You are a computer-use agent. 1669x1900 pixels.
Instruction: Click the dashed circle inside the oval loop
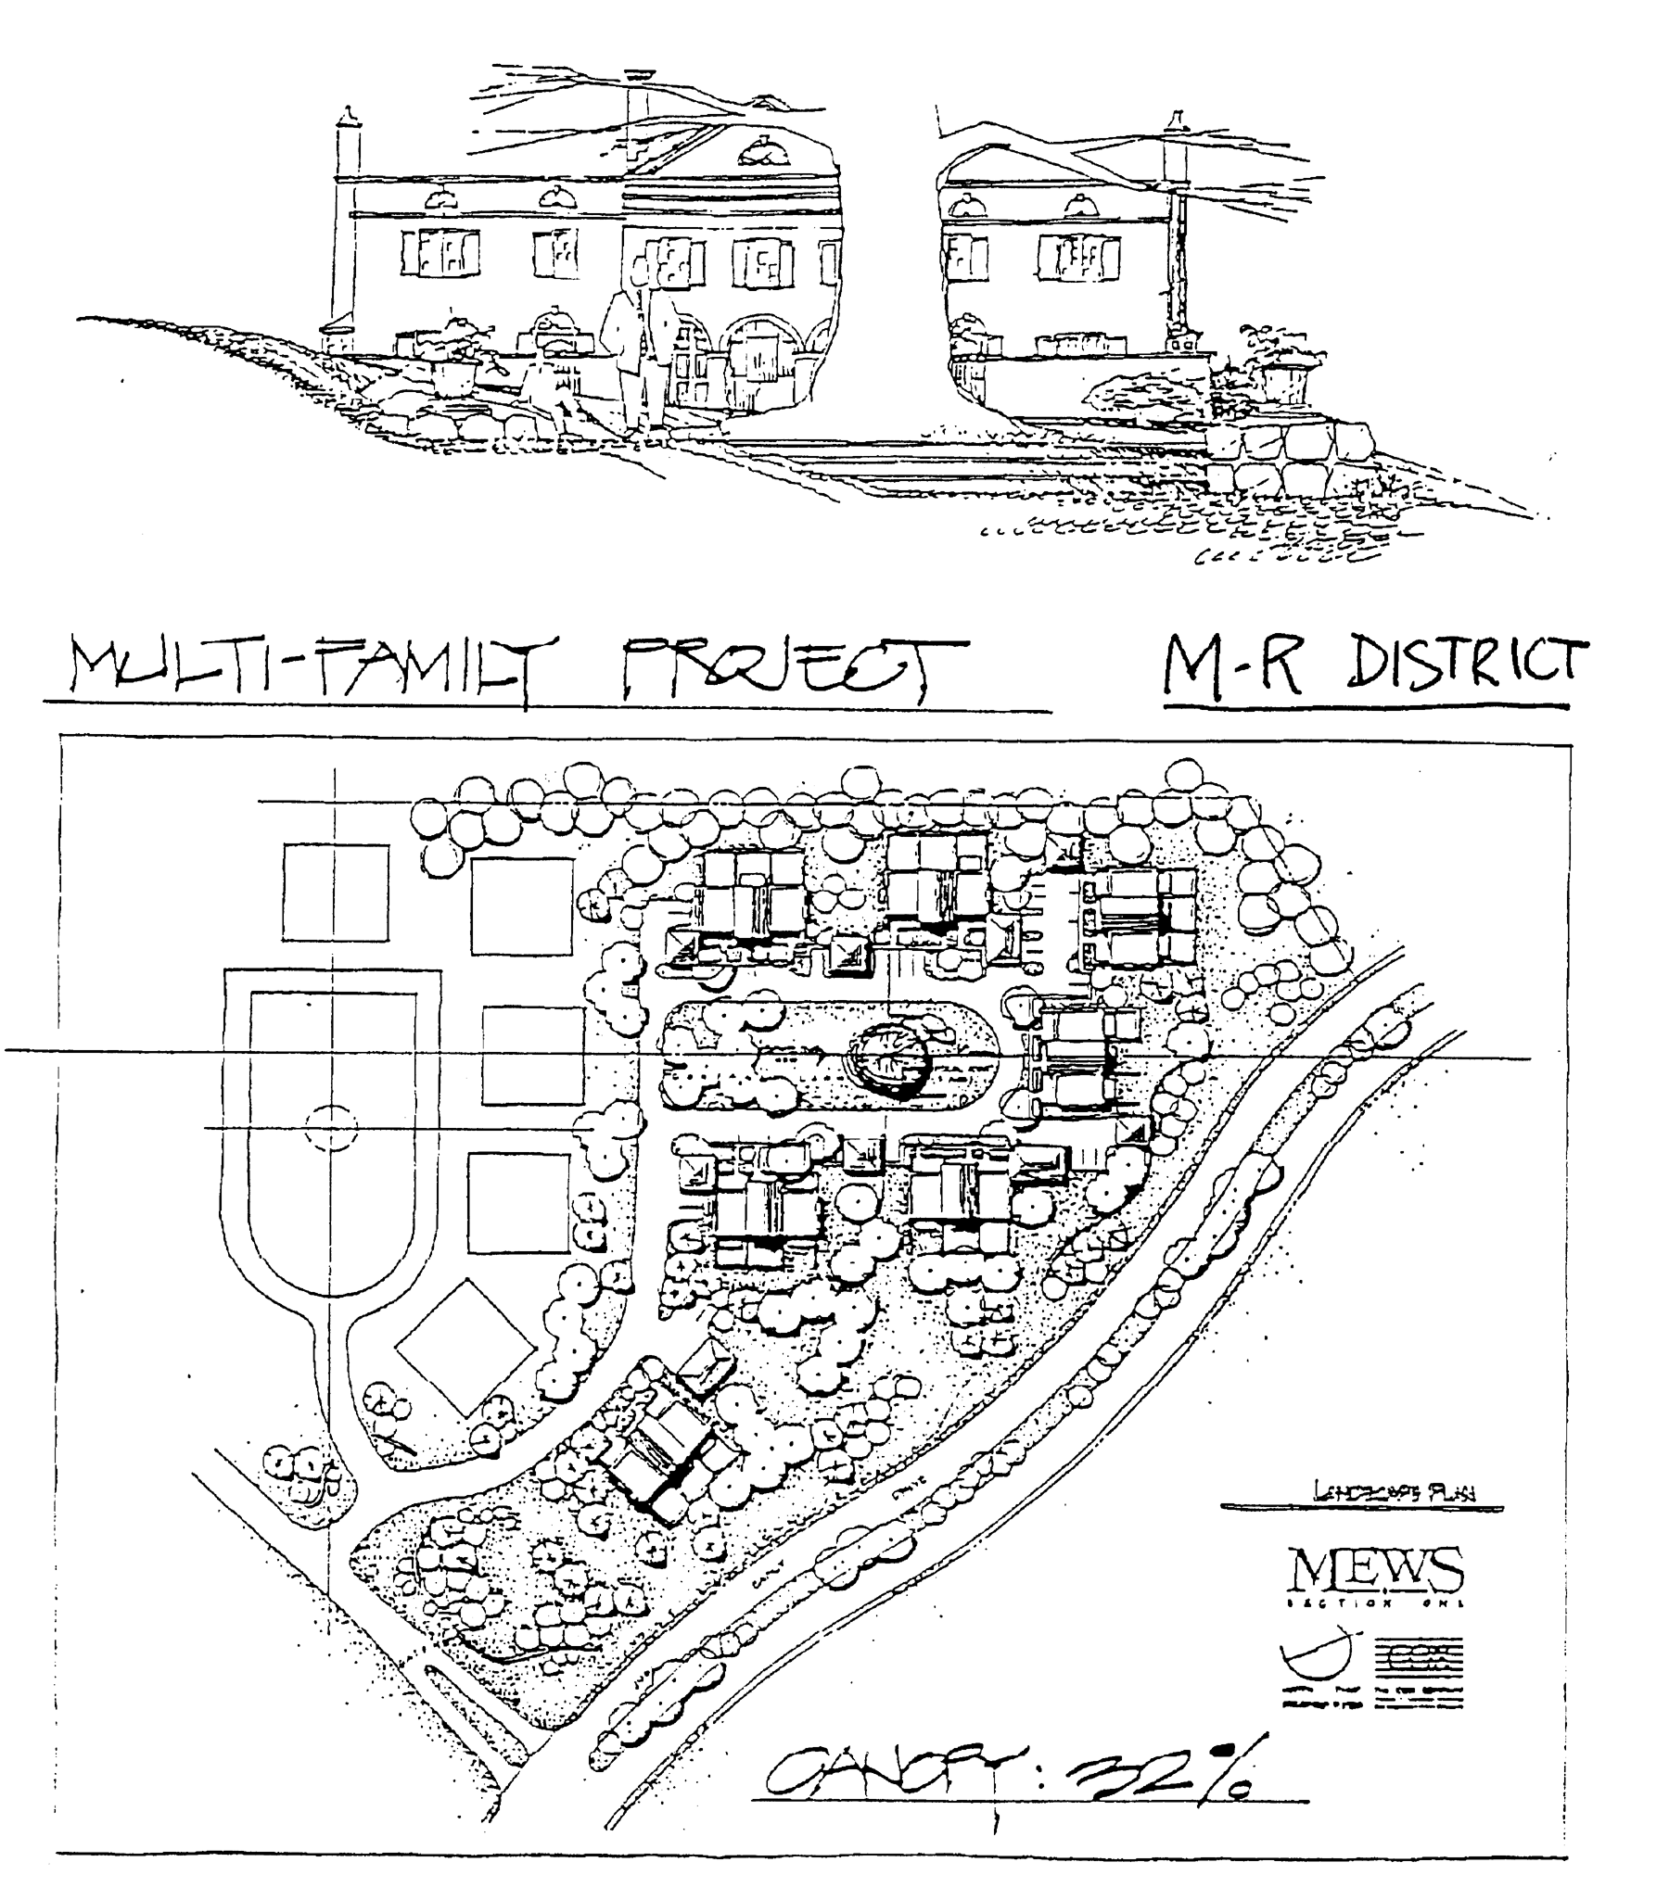pyautogui.click(x=330, y=1129)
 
